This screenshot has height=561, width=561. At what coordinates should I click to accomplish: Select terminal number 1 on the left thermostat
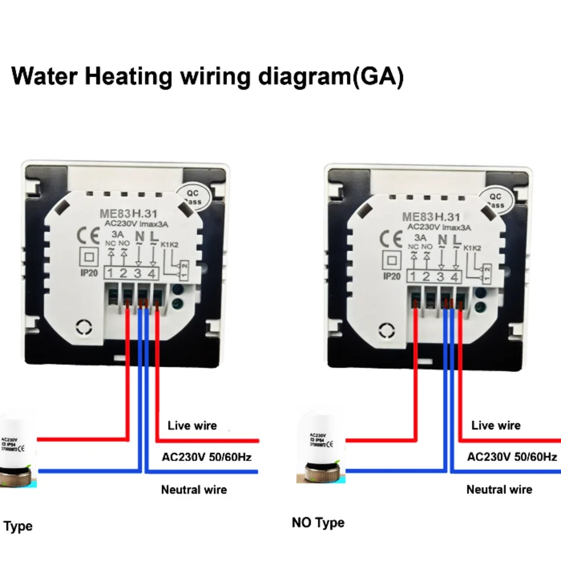tap(112, 274)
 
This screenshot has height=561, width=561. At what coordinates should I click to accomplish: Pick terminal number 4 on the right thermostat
tap(455, 276)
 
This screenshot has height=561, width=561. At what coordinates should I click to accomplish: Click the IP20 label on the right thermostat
tap(392, 276)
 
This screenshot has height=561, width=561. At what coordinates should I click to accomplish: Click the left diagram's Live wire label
tap(192, 426)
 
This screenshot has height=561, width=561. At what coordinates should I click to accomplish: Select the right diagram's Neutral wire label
tap(499, 489)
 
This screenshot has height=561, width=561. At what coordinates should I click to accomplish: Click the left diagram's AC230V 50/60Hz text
tap(206, 457)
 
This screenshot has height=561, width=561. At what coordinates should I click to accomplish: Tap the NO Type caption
tap(318, 523)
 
